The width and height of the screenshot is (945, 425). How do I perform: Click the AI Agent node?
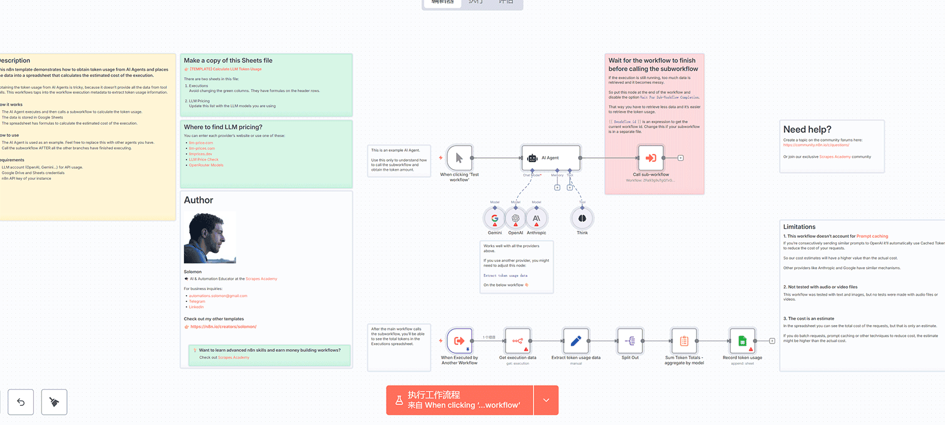[x=551, y=158]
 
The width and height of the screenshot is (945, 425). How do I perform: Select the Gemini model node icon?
[x=494, y=218]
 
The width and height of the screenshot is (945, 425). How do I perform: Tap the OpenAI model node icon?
[x=515, y=218]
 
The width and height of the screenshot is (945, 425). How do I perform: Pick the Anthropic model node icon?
[x=536, y=218]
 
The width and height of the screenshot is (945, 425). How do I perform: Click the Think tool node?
[x=582, y=218]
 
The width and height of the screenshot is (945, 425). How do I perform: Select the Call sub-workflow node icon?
[x=651, y=158]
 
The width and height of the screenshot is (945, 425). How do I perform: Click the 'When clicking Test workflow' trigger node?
[x=459, y=158]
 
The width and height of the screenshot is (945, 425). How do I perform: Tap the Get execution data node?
[x=517, y=341]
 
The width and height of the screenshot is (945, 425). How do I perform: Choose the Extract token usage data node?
[x=575, y=341]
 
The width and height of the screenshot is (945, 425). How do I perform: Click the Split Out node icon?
[x=630, y=341]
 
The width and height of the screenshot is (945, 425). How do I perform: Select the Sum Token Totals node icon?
[x=684, y=341]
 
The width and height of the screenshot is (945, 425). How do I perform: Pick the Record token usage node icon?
[x=742, y=341]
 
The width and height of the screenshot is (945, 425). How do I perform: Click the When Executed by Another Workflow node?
[x=459, y=341]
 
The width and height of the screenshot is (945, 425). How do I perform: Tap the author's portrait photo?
[x=210, y=238]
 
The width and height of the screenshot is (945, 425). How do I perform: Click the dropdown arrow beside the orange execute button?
[x=546, y=400]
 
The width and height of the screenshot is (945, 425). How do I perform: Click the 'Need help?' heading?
[x=807, y=130]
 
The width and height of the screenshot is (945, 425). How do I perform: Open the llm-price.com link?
[x=201, y=143]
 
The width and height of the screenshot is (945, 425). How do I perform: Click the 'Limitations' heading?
[x=799, y=227]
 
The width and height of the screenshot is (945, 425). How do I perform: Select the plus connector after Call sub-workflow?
[x=681, y=158]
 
